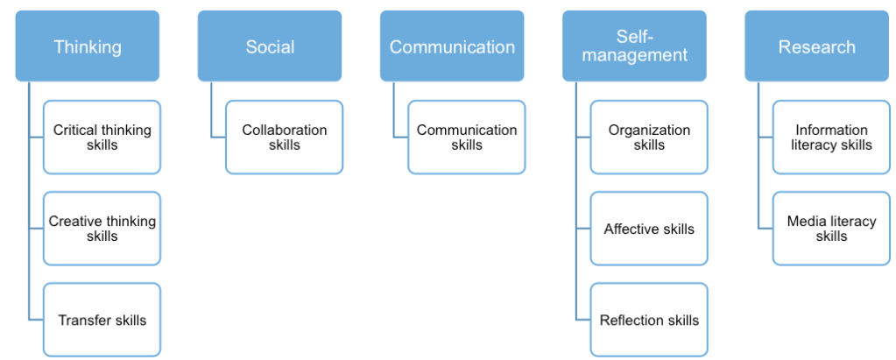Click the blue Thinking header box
88,46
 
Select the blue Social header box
270,46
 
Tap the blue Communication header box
452,46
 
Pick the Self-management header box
634,46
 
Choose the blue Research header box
816,46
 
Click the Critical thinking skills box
102,137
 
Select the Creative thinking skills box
102,229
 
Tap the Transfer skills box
102,320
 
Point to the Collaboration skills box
284,137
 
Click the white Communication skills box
466,137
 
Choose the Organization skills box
649,137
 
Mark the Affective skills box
649,229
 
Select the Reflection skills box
649,320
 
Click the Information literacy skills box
831,137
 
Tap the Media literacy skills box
831,229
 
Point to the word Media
805,222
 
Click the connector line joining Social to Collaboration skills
211,109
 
